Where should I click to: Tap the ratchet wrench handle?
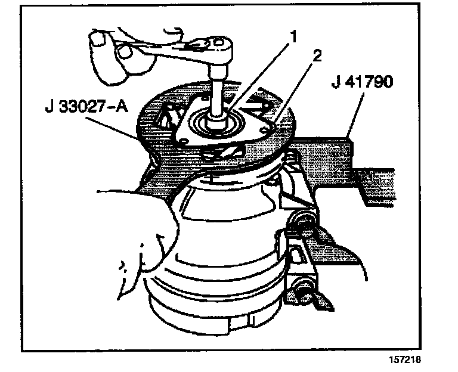155,54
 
